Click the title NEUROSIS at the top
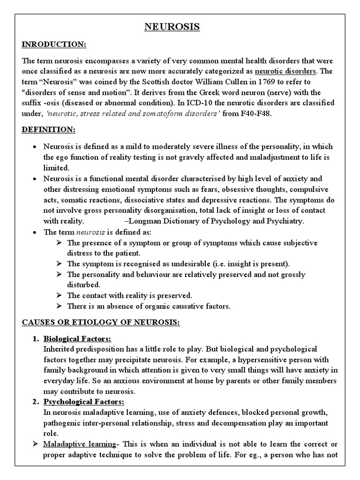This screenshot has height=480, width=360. tap(172, 27)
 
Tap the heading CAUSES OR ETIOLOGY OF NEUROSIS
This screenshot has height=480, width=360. tap(98, 323)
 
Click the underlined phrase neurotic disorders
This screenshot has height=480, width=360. tap(286, 71)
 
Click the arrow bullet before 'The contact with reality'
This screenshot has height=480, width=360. tap(59, 295)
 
